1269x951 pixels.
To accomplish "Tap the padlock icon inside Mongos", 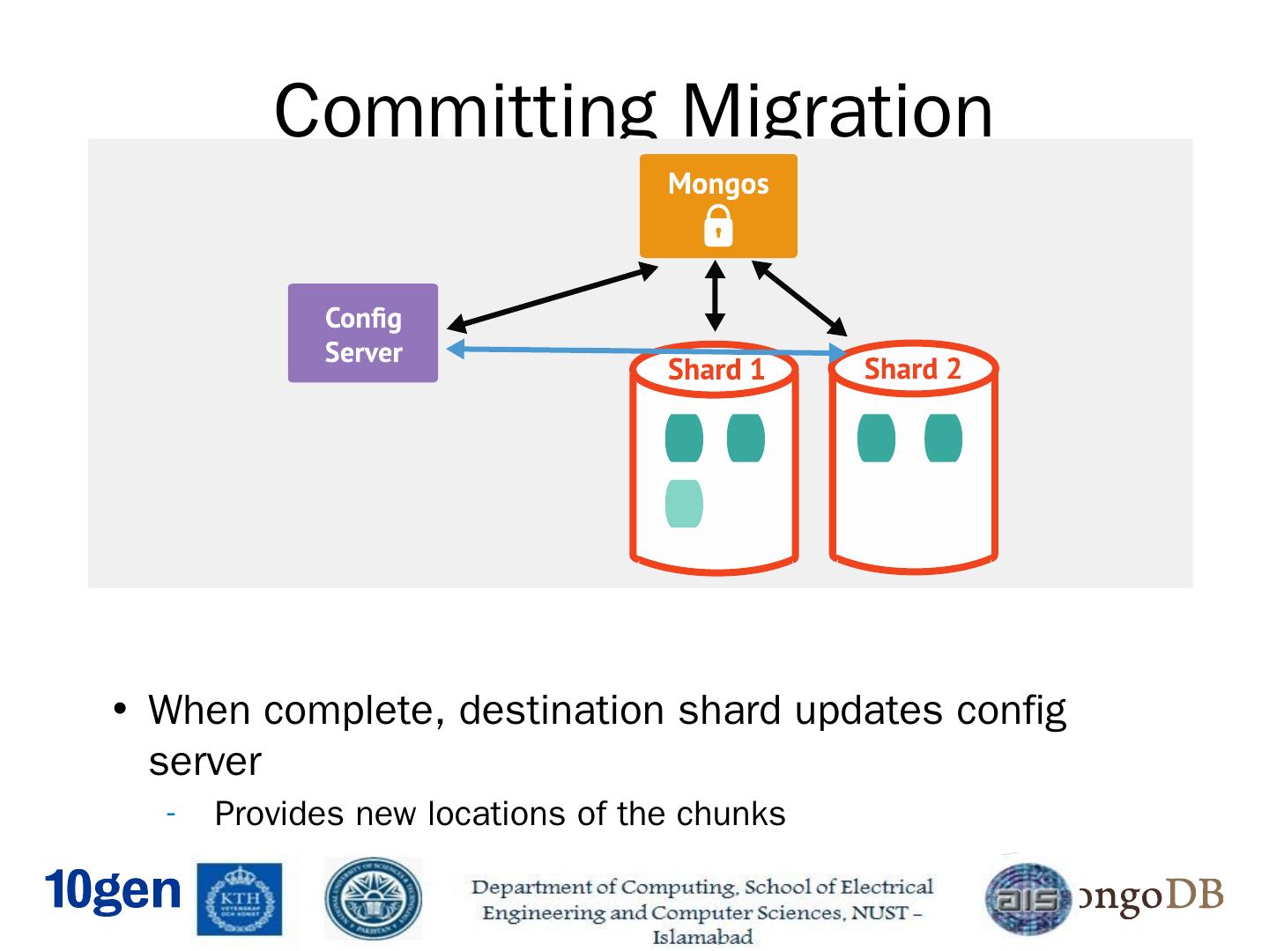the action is (718, 226).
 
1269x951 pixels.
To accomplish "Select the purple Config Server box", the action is (362, 334).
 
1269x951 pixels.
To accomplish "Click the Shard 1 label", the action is (716, 370).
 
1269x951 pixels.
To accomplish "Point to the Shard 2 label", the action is (912, 369).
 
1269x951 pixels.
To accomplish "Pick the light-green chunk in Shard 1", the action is (684, 504).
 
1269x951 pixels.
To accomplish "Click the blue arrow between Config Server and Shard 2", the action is (617, 350).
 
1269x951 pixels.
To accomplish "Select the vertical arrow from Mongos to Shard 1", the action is (716, 296).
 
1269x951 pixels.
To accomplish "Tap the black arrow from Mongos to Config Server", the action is (553, 297).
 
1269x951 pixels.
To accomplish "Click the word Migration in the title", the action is (836, 111).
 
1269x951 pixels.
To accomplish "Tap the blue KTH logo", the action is (241, 898).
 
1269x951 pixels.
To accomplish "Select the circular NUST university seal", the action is (373, 899).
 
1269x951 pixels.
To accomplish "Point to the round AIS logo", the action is (1028, 898).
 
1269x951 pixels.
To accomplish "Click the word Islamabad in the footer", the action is (702, 937).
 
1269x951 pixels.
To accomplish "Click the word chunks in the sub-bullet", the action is (731, 814).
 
